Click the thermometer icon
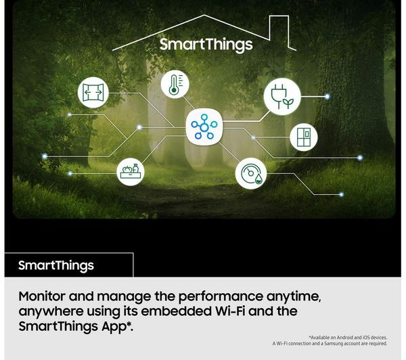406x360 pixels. [x=175, y=84]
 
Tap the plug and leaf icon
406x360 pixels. [x=282, y=96]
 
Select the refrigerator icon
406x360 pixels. [x=304, y=137]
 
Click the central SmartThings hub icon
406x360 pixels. [x=204, y=127]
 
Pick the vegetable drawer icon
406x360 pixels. [x=131, y=172]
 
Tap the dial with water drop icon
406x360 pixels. [x=251, y=173]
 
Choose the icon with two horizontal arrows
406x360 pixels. [x=93, y=93]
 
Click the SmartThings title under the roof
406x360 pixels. [x=206, y=45]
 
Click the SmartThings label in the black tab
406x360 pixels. [x=56, y=266]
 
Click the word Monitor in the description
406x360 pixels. [x=42, y=296]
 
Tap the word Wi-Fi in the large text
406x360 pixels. [x=230, y=311]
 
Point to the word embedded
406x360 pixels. [x=177, y=311]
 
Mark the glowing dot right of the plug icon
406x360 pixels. [x=328, y=97]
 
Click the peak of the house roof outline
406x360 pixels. [x=204, y=16]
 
